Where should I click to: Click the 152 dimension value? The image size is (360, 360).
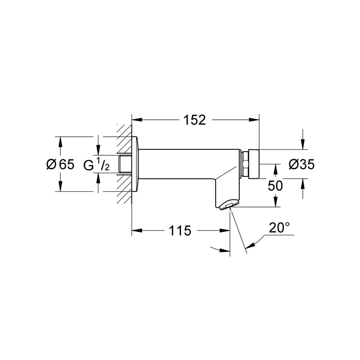[194, 120]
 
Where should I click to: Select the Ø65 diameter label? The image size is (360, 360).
[59, 165]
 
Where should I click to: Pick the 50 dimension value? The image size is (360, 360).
[275, 185]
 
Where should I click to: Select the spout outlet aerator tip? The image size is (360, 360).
[227, 206]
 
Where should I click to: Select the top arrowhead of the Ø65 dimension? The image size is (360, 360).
[59, 139]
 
